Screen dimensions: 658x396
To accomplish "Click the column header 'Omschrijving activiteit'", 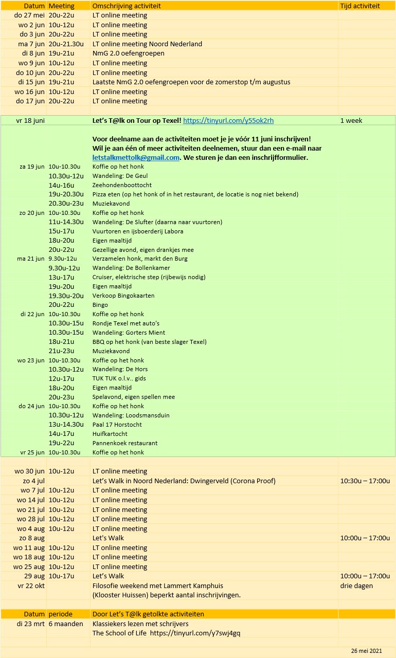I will click(127, 6).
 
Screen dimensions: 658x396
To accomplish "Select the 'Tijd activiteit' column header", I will click(360, 6).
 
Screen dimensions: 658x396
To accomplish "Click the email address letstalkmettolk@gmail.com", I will click(136, 157).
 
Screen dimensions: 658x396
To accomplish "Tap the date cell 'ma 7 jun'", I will click(31, 44).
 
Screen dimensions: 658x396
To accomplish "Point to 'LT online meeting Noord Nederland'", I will click(147, 44).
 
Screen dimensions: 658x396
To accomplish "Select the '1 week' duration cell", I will click(351, 121).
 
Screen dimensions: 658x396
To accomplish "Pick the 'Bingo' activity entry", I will click(101, 305).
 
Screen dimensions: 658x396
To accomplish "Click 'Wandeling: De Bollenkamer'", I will click(131, 268).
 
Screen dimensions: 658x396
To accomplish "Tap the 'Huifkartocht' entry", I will click(110, 434).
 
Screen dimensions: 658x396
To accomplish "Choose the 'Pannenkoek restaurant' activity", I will click(125, 443).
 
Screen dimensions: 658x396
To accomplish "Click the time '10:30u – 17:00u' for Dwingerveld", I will click(365, 481).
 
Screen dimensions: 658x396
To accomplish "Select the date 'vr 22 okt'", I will click(31, 586).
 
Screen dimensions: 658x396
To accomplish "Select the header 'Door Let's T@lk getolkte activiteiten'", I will click(148, 614).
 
